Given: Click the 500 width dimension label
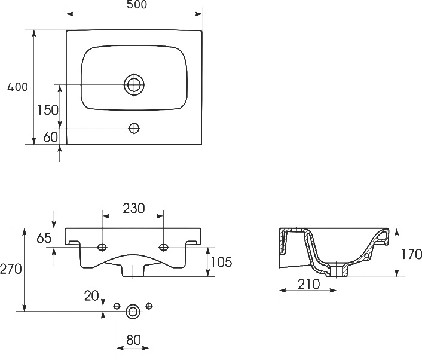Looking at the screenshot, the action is tap(137, 5).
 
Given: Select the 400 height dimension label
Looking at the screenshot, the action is tap(17, 87).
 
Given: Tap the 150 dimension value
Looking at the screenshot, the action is tap(47, 110).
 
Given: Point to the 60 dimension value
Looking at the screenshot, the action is tap(51, 137).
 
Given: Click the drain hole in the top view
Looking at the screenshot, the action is tap(134, 85).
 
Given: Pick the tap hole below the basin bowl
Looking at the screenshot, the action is tap(134, 128).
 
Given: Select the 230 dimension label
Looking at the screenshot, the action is tap(134, 208).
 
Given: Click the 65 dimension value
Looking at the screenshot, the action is tap(44, 238).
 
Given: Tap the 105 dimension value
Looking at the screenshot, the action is tap(221, 262).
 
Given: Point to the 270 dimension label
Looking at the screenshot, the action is tap(11, 269).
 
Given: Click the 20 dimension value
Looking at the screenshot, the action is tap(91, 296).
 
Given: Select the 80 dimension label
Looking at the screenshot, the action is tap(133, 340).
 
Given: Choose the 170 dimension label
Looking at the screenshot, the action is tap(411, 254).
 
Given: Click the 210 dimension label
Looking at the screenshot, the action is tap(309, 284).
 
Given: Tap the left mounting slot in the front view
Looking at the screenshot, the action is tap(102, 247).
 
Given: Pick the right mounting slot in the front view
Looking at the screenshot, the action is tap(164, 247).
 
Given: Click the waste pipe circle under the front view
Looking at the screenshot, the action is tap(133, 312).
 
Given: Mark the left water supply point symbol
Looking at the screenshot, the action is tap(117, 306).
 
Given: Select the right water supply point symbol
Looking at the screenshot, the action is tap(149, 306).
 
